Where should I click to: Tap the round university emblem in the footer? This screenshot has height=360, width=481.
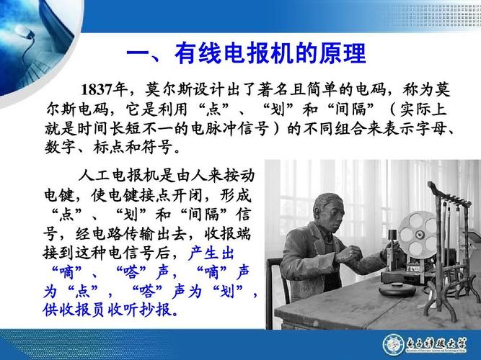pos(394,343)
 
